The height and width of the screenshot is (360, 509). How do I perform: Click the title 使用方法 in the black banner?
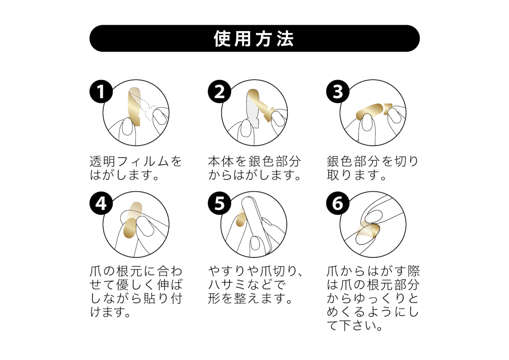254,39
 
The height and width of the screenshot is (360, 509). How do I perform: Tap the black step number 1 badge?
101,91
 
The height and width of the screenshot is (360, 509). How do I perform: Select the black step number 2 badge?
219,91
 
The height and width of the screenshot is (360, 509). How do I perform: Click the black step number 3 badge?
338,91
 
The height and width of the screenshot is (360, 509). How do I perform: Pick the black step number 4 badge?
101,203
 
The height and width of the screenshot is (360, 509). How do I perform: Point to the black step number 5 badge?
219,203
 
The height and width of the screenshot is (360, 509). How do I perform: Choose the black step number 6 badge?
338,203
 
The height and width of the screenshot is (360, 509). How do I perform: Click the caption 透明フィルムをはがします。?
136,168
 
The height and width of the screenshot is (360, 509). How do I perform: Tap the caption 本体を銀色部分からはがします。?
254,168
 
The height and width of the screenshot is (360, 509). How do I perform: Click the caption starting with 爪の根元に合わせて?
136,291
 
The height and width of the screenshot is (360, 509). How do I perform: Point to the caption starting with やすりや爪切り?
255,285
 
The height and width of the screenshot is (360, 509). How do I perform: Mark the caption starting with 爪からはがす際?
373,298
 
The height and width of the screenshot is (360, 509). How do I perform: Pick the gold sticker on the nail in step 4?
130,228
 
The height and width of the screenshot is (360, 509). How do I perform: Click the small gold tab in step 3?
388,109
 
